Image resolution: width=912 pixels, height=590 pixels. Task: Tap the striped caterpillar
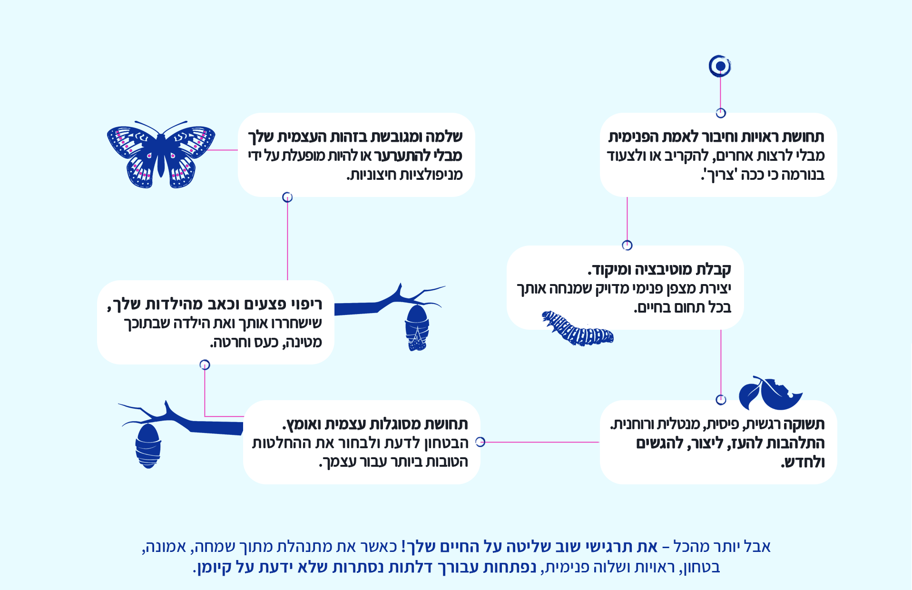(578, 328)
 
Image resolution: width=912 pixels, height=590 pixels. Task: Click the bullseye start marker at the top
(720, 66)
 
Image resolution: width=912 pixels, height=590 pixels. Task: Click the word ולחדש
(804, 462)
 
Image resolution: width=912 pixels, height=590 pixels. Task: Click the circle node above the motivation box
(627, 246)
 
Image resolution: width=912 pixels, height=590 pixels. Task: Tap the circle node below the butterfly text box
(287, 197)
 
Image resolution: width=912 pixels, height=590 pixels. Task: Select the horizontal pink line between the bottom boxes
(542, 442)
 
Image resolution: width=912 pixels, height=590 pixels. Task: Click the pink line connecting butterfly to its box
(222, 150)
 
